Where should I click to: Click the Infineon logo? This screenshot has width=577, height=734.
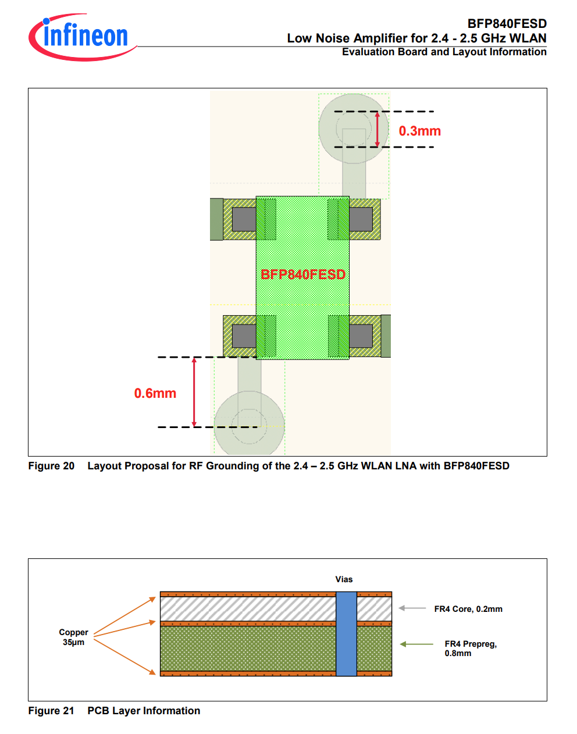83,37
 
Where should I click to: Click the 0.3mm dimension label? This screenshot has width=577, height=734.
419,131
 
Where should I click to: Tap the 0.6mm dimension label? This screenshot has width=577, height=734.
155,393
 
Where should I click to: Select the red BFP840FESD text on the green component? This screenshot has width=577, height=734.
303,275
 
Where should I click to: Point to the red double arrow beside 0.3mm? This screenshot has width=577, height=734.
377,129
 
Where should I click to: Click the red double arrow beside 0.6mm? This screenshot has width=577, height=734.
194,392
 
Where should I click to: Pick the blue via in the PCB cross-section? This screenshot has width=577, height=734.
346,634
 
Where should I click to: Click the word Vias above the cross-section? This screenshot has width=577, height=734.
344,579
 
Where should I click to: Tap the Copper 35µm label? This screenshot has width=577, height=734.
73,637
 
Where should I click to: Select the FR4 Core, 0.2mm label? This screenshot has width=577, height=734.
468,609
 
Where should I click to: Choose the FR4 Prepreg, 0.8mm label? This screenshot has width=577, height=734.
471,649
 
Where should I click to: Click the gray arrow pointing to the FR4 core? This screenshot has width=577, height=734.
412,608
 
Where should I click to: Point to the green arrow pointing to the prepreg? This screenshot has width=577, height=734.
416,644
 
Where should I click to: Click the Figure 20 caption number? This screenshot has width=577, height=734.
51,466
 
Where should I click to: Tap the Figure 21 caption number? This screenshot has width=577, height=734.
51,711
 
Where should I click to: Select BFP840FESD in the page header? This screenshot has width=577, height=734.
507,24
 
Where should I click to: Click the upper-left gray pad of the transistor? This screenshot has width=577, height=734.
244,219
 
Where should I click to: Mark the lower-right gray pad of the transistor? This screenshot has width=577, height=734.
361,336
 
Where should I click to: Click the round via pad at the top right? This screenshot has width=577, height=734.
354,129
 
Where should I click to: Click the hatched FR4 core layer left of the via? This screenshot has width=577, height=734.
248,609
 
